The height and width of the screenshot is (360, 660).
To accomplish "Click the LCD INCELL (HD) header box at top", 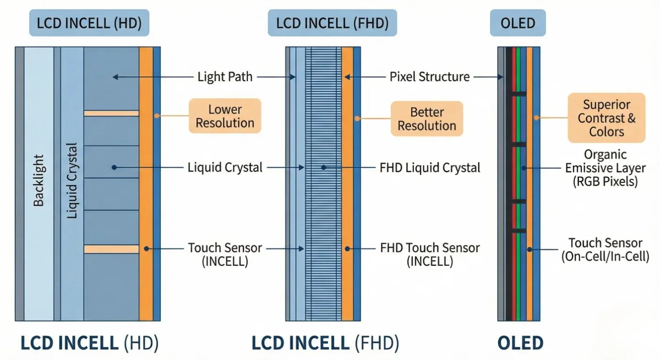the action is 89,23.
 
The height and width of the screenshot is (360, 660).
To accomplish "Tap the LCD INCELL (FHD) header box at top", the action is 332,23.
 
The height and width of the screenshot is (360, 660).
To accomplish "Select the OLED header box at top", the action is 518,23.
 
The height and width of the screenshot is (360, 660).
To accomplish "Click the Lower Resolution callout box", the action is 225,116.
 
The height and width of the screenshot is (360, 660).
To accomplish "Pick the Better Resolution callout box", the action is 427,119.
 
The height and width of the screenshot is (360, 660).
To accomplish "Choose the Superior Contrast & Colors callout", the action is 607,118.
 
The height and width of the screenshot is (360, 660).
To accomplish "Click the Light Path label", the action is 225,77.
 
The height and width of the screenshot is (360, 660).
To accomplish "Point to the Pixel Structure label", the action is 429,77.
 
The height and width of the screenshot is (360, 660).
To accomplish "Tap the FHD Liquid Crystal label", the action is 430,168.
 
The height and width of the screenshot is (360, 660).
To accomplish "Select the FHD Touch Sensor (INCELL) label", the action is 430,254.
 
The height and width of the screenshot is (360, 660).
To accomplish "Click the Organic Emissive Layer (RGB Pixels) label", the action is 605,168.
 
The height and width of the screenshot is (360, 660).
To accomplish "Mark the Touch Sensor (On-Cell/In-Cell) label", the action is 605,250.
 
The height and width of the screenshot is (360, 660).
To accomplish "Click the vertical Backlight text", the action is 39,180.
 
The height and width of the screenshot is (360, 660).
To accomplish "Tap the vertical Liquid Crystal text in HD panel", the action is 72,180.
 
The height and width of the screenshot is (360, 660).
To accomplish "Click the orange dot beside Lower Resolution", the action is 157,116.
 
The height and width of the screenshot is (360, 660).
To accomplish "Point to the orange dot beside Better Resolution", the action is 357,118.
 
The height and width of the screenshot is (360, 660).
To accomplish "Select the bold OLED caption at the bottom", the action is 520,343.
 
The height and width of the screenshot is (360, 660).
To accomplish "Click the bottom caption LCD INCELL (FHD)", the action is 325,343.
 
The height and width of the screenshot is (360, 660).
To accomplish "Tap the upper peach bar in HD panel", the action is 111,114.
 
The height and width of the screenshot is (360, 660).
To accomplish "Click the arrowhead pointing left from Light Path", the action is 115,77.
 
